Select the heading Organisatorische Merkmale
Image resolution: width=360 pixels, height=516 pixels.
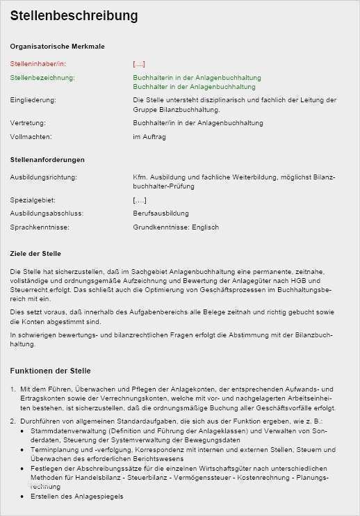[x=57, y=47]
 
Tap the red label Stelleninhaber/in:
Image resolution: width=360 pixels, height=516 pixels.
[x=38, y=63]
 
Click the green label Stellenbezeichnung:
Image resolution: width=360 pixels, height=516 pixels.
[x=42, y=77]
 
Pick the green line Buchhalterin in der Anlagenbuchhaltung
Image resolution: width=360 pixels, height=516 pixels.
[x=197, y=77]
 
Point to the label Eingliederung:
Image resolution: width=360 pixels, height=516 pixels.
[x=33, y=100]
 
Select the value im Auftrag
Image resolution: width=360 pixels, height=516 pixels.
[x=149, y=137]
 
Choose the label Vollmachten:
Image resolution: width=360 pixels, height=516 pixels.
[x=31, y=137]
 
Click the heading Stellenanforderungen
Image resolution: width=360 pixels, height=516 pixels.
[x=47, y=160]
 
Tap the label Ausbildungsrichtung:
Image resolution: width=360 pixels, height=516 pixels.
[x=43, y=177]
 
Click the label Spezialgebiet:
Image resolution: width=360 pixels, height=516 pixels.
[x=33, y=200]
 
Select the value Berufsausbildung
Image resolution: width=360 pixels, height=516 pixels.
[x=161, y=213]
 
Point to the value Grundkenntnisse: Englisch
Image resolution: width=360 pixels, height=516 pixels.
[x=176, y=227]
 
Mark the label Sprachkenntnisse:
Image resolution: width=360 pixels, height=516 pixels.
[x=40, y=227]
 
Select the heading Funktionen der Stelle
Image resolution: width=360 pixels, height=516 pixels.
[x=50, y=371]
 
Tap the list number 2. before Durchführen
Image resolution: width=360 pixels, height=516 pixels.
[x=13, y=421]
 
